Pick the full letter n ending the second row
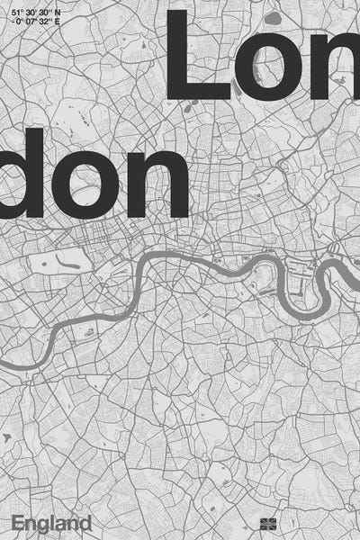(x=159, y=184)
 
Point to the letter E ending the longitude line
(x=58, y=24)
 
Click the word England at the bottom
(x=51, y=523)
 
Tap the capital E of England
(x=18, y=522)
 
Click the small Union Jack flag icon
(x=265, y=523)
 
